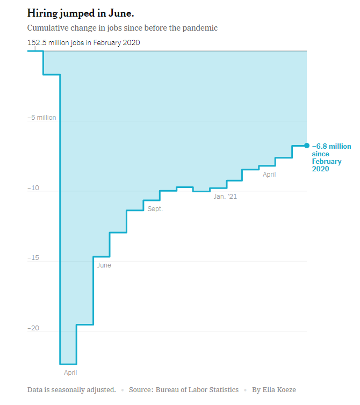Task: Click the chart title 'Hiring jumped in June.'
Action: tap(80, 13)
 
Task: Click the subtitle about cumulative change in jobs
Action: tap(122, 27)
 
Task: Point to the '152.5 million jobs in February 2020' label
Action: tap(83, 42)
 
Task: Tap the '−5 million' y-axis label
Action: tap(42, 117)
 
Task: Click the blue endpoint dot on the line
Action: tap(307, 146)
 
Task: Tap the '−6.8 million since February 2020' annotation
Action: tap(331, 157)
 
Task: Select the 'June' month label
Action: tap(104, 265)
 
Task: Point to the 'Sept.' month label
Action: tap(155, 209)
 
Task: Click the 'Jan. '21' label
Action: tap(225, 197)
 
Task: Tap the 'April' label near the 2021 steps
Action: tap(269, 175)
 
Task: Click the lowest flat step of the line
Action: tap(68, 364)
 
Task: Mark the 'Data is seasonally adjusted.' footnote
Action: tap(71, 389)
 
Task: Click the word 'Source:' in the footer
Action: tap(141, 389)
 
